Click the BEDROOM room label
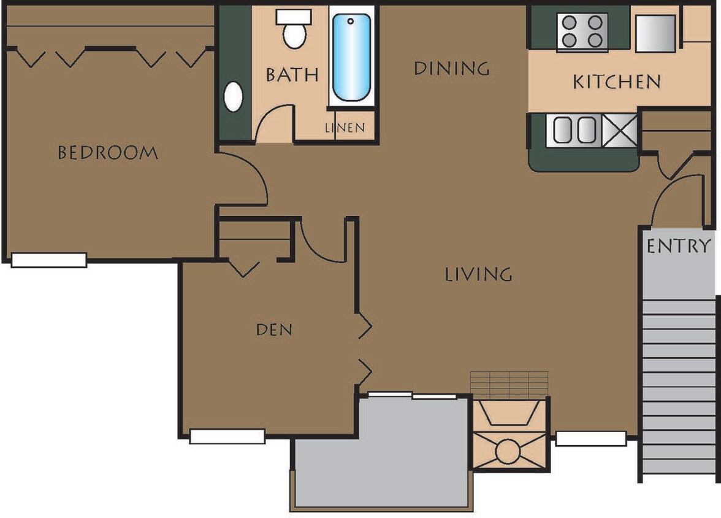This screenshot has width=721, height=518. [x=107, y=152]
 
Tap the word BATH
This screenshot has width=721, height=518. [x=292, y=74]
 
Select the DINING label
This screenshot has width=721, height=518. [x=452, y=68]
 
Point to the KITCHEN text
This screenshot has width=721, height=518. [x=617, y=82]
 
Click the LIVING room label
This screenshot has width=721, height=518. [x=478, y=274]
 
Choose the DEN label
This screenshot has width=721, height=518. [x=274, y=330]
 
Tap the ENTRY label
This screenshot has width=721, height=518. [x=679, y=246]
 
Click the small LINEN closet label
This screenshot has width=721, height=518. [x=345, y=128]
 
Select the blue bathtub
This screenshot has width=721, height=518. [x=351, y=58]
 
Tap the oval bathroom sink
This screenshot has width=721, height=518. [x=234, y=96]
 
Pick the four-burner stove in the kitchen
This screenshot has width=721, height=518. [x=581, y=32]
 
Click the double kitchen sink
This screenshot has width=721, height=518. [x=574, y=130]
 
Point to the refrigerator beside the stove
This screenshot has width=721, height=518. [x=655, y=33]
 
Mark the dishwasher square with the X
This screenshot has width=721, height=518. [x=619, y=130]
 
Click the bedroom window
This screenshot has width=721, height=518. [x=49, y=260]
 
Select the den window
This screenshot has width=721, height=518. [x=227, y=436]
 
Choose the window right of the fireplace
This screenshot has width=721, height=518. [x=590, y=438]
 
